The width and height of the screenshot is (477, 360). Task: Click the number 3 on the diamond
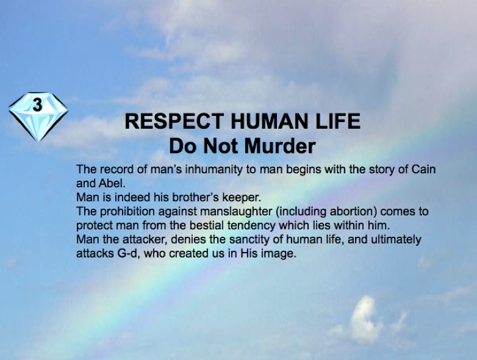[x=37, y=104]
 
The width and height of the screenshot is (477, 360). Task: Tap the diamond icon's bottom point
[x=38, y=141]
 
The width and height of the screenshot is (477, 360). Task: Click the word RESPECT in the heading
[x=174, y=121]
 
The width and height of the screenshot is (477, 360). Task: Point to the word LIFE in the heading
[x=338, y=121]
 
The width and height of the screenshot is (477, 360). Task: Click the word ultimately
[x=396, y=240]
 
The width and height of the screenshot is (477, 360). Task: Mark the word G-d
[x=127, y=253]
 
